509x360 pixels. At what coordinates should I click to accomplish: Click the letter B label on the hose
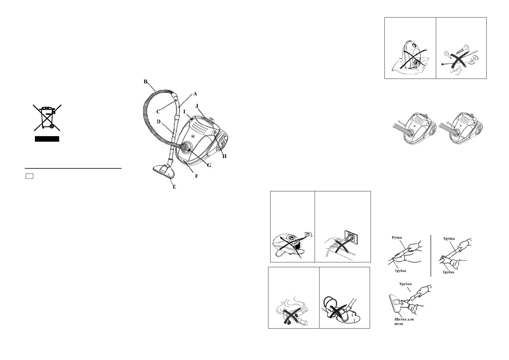tap(145, 82)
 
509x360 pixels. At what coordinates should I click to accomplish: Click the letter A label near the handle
tap(195, 94)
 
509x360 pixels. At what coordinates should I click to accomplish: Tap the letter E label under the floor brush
tap(174, 187)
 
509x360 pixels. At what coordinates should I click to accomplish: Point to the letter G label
tap(209, 166)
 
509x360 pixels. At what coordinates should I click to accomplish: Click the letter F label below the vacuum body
tap(196, 176)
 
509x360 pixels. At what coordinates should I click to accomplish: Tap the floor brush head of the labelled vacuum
tap(164, 172)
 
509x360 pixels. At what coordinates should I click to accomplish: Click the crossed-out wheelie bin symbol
tap(47, 117)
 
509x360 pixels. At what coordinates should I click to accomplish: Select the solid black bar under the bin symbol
tap(47, 139)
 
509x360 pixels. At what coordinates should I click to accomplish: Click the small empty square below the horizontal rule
tap(29, 176)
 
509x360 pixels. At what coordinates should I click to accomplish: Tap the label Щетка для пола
tap(404, 321)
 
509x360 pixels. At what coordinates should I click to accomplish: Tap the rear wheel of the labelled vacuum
tap(223, 142)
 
